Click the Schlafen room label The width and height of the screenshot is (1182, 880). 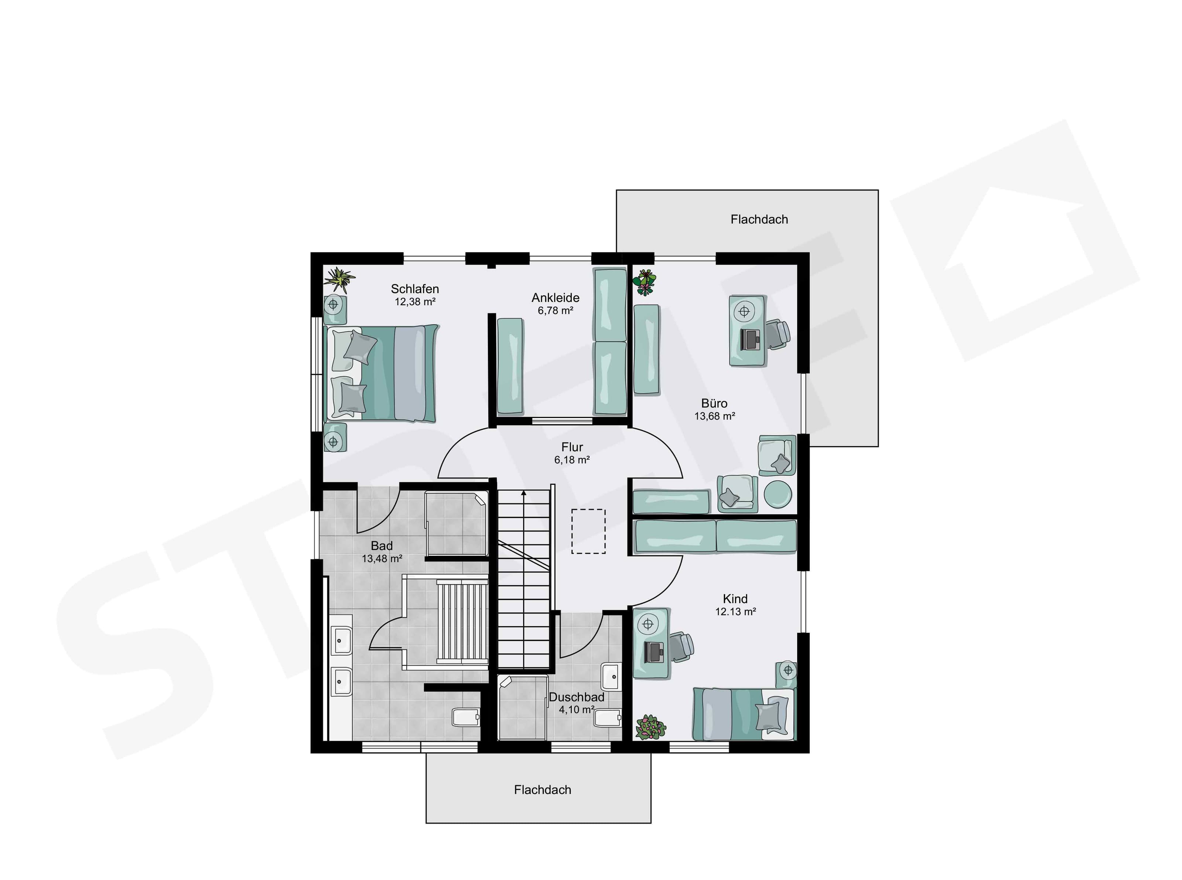[x=415, y=289]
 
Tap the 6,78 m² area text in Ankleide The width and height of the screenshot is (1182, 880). [x=555, y=310]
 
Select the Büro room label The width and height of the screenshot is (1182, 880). [x=714, y=403]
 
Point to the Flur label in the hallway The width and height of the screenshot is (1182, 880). [x=572, y=447]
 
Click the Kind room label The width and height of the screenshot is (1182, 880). [x=735, y=599]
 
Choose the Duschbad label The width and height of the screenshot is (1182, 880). [x=577, y=697]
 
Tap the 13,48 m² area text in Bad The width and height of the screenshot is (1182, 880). [x=382, y=559]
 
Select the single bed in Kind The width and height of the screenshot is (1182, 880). [x=744, y=714]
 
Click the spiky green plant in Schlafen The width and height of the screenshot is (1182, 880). [x=339, y=279]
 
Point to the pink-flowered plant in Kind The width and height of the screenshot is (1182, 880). [x=650, y=727]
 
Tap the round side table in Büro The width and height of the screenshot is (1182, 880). [x=778, y=495]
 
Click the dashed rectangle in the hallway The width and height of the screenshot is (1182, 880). [x=588, y=531]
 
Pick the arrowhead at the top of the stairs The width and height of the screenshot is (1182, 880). [x=524, y=493]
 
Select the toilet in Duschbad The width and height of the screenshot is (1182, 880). [x=608, y=718]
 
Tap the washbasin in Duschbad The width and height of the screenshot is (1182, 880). [x=611, y=676]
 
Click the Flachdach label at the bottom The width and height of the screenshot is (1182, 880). [x=543, y=789]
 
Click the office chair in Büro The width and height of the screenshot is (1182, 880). [x=778, y=335]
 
